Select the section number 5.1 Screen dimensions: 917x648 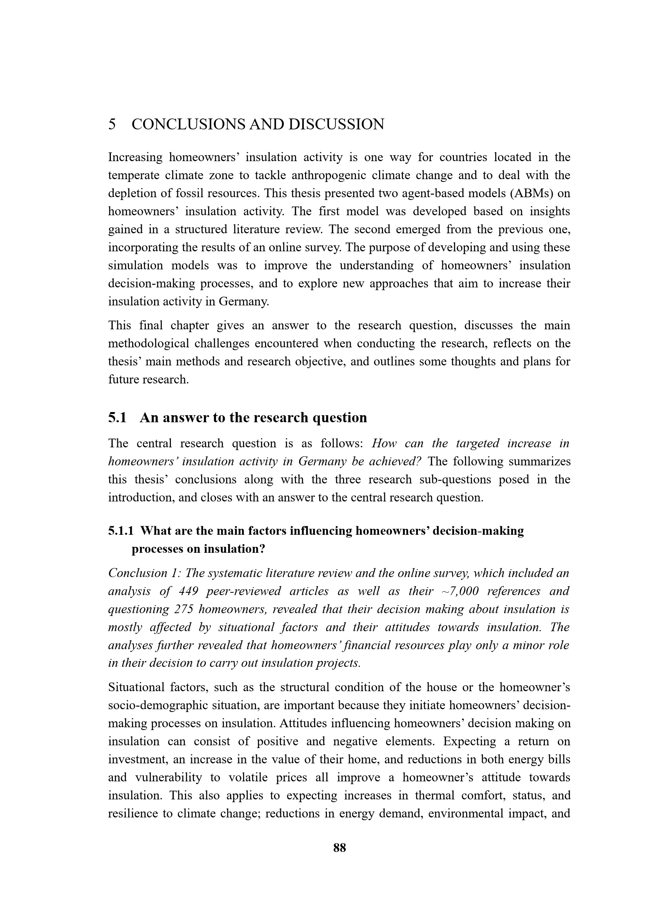(117, 418)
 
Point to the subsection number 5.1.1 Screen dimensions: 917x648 (122, 531)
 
